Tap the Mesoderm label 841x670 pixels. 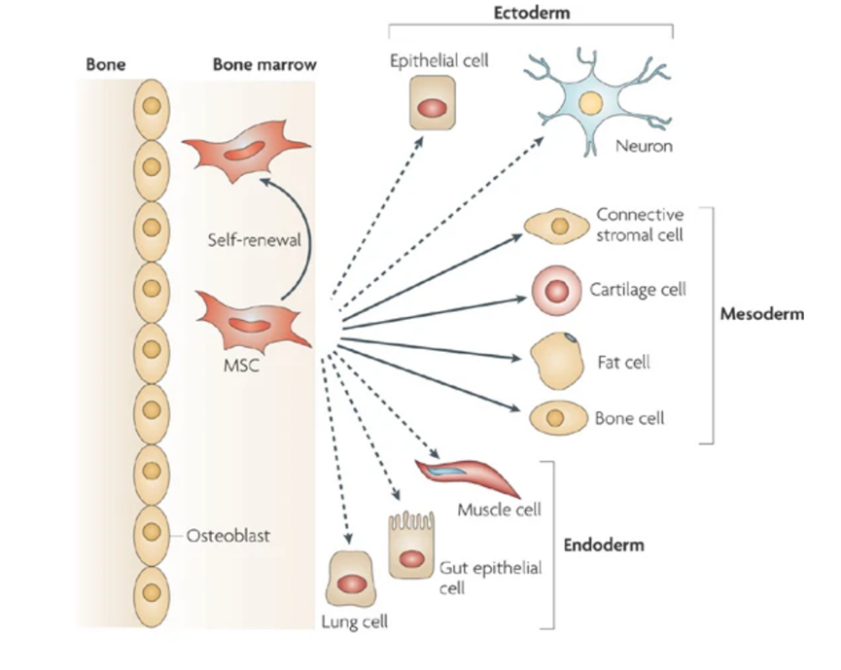761,314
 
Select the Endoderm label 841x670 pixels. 604,545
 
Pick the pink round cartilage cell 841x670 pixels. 556,290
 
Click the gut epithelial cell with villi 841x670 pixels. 412,550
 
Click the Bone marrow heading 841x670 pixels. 263,66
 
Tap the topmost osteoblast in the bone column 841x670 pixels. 150,106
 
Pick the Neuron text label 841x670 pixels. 644,148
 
